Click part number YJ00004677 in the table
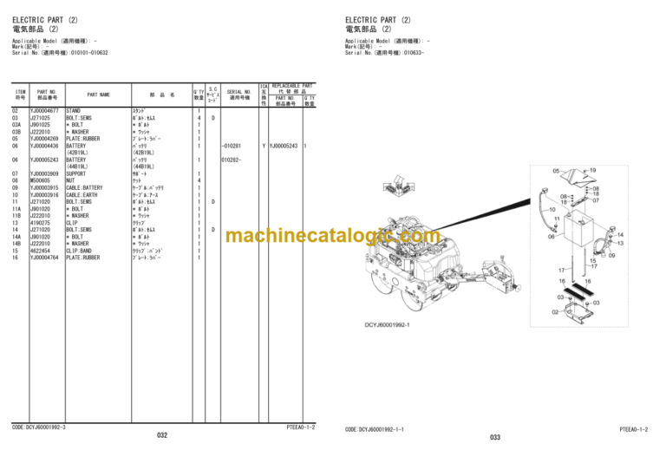click(x=44, y=111)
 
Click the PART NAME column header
click(x=99, y=95)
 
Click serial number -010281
click(x=232, y=146)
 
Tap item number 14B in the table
click(x=16, y=244)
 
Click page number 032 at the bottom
click(x=162, y=435)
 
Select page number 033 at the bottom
click(x=495, y=437)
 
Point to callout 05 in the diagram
click(x=557, y=172)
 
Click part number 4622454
click(x=42, y=251)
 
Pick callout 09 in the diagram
click(x=611, y=256)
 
